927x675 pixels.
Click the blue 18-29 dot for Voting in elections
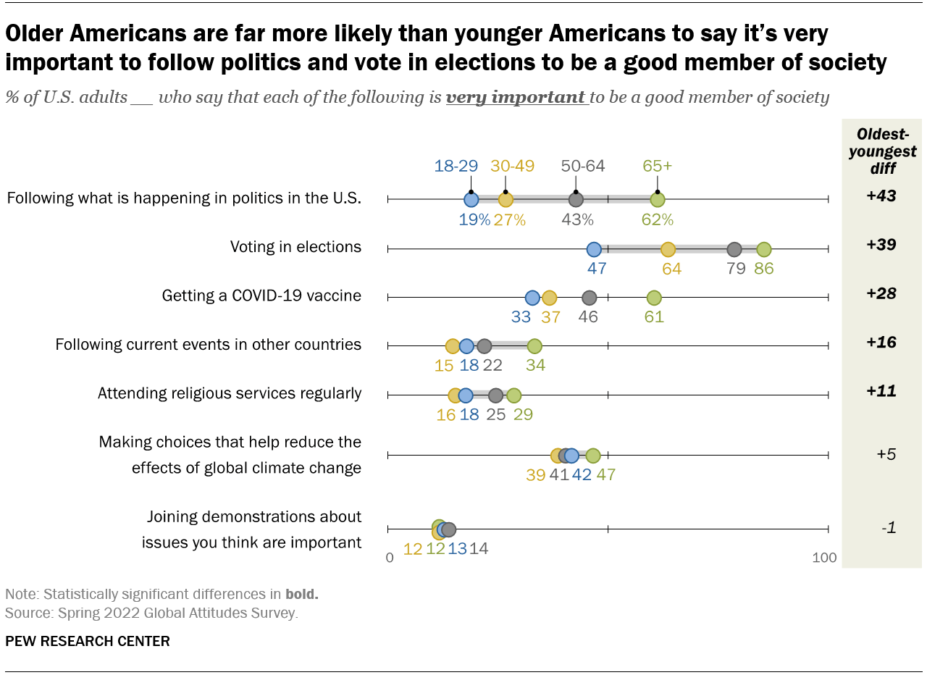coord(594,249)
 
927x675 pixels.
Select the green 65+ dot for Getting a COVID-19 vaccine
coord(654,298)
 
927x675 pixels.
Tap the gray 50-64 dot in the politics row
coord(576,199)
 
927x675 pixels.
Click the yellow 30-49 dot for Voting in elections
coord(668,249)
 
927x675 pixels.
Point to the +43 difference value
coord(881,196)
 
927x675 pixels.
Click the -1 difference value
coord(889,528)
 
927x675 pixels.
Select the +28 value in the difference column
coord(881,293)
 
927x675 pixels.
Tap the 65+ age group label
coord(658,165)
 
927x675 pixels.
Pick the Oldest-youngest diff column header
coord(882,151)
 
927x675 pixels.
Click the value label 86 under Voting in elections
coord(764,269)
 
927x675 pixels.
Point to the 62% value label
coord(658,219)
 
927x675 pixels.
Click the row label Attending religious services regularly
coord(230,393)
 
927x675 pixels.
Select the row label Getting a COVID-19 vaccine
coord(261,295)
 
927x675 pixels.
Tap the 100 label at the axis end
coord(824,558)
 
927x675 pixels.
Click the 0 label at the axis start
coord(390,558)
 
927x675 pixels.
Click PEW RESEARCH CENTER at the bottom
coord(88,641)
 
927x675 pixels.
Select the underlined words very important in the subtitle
coord(516,97)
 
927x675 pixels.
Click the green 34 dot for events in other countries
coord(534,346)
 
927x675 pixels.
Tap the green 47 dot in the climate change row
coord(593,456)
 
